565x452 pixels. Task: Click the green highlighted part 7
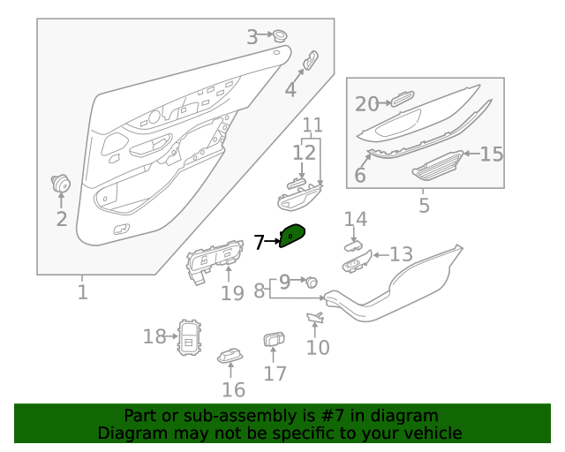(292, 236)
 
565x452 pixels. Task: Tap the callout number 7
(259, 242)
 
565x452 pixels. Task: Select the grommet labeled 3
(279, 35)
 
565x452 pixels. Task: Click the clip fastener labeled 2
(60, 184)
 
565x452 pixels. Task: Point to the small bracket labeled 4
(311, 60)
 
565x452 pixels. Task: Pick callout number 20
(367, 104)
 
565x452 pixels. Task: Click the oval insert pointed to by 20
(403, 99)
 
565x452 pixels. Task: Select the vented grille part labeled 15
(438, 166)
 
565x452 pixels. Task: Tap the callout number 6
(360, 175)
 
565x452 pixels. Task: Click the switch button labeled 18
(189, 337)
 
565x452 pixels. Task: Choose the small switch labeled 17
(274, 339)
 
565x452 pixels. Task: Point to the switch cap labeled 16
(230, 356)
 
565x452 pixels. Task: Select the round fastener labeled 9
(312, 282)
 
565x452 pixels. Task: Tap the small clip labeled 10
(316, 317)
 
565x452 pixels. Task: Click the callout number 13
(401, 254)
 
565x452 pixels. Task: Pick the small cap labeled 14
(353, 245)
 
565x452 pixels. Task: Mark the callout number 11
(313, 125)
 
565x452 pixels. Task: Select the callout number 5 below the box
(425, 206)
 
